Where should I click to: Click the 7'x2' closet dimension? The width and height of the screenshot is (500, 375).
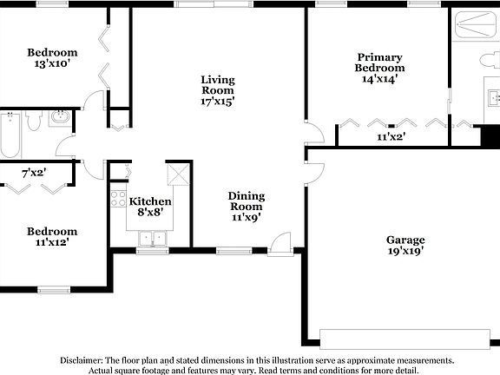(x=34, y=173)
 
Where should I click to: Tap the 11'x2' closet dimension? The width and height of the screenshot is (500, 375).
(x=391, y=136)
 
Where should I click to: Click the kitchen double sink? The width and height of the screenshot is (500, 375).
(x=152, y=237)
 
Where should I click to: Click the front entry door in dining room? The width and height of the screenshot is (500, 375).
(x=281, y=246)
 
